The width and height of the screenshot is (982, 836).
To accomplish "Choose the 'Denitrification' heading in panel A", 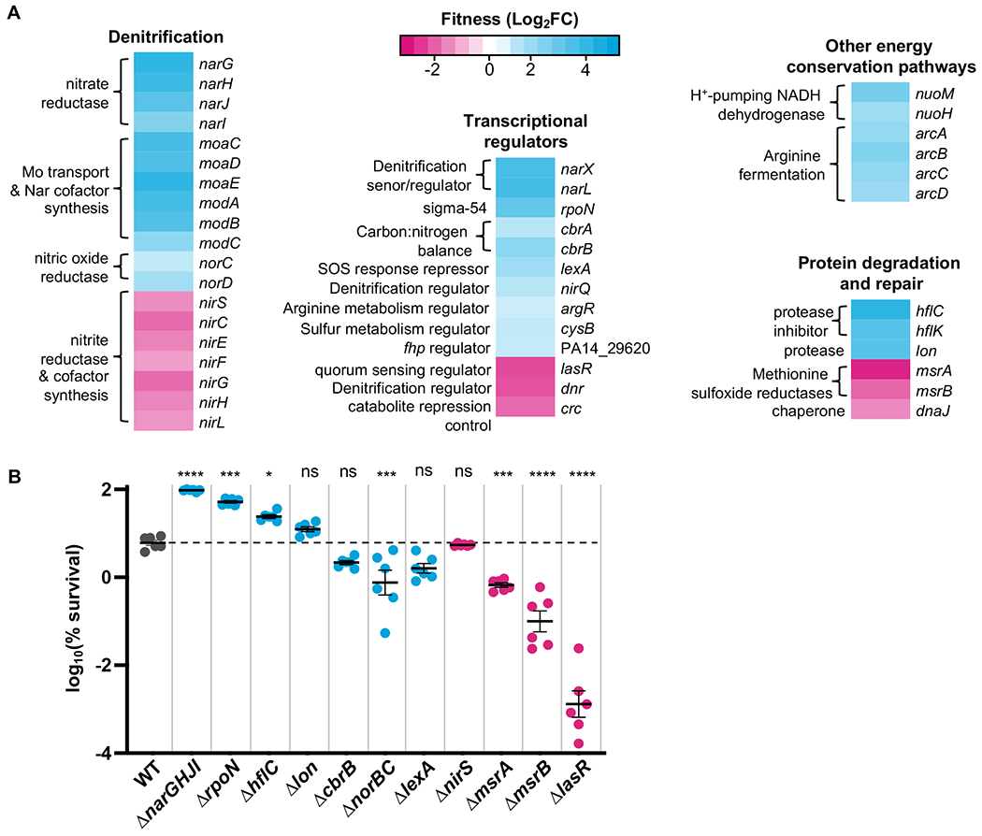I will click(x=166, y=37).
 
